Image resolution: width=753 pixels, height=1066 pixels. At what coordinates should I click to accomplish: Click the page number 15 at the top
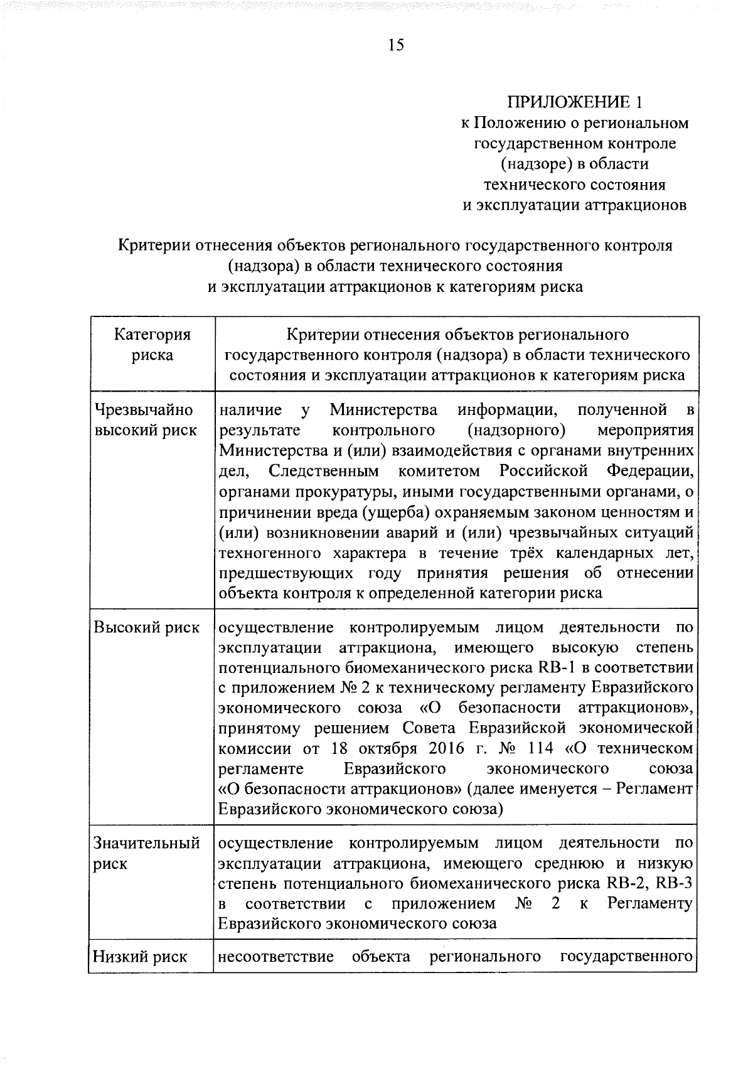pyautogui.click(x=396, y=45)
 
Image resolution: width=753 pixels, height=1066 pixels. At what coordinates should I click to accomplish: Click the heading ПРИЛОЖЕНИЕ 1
pyautogui.click(x=575, y=102)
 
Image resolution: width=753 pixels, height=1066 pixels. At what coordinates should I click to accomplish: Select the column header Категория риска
pyautogui.click(x=152, y=345)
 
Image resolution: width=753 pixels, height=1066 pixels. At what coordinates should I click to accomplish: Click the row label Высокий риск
pyautogui.click(x=146, y=627)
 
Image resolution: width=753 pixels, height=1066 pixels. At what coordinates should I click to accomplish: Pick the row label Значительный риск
pyautogui.click(x=146, y=853)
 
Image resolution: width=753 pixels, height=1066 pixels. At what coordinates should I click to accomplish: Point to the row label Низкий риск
pyautogui.click(x=140, y=957)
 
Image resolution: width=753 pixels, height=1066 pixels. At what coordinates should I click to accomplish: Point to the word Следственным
pyautogui.click(x=323, y=471)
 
